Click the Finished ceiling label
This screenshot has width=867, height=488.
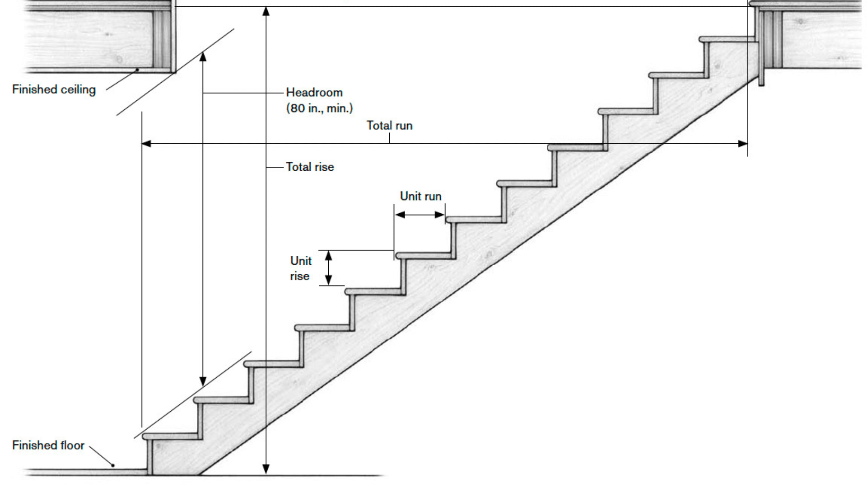pos(54,89)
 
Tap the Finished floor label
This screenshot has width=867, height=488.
pos(48,445)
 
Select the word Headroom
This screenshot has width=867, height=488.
pos(314,93)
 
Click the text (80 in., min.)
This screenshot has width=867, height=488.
pos(319,108)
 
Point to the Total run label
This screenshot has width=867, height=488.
pos(389,126)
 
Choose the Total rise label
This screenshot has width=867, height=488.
pos(310,167)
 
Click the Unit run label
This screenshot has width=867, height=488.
pos(420,196)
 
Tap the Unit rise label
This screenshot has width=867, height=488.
pos(300,268)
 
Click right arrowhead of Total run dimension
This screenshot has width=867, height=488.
pos(743,144)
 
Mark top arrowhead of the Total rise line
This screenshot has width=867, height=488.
pos(266,11)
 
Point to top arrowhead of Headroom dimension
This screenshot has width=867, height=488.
pos(203,56)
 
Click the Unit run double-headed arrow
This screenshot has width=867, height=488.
pos(420,215)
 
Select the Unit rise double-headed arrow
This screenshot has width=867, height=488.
pos(329,268)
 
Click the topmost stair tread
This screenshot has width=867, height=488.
pos(727,39)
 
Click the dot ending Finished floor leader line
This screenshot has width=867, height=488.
pos(113,465)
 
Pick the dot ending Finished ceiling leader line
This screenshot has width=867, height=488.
pos(138,70)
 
